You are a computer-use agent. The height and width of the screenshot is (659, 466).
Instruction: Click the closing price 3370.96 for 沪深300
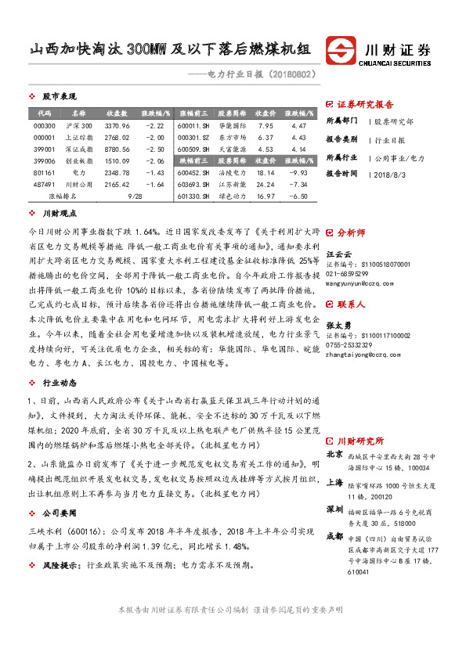117,126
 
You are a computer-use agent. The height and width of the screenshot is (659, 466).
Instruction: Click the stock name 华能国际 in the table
233,126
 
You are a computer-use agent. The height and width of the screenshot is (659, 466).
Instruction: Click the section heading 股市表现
60,96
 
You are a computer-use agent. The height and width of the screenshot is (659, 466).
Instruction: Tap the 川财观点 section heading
60,212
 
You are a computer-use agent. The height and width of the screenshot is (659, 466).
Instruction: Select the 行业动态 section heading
60,383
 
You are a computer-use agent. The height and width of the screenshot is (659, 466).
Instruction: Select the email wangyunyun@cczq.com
357,272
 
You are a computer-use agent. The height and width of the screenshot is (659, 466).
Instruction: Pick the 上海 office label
334,482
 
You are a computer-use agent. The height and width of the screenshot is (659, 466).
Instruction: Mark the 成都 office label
334,536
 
